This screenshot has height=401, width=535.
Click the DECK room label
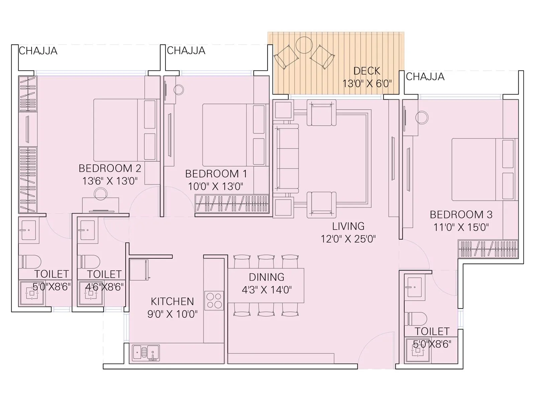pos(367,71)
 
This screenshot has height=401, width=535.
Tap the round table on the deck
pos(304,45)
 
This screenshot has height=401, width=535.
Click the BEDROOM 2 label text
pos(110,168)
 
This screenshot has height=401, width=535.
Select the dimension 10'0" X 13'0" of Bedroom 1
pos(215,186)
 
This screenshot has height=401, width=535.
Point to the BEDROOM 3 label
pos(461,214)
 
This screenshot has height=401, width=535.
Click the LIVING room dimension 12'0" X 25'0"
pos(348,239)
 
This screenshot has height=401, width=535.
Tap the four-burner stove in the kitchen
pos(214,300)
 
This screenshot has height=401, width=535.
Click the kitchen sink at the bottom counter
pos(146,353)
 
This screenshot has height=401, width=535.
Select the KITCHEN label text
pos(172,301)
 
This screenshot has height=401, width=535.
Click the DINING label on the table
pos(266,277)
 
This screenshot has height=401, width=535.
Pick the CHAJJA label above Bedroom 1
pos(186,50)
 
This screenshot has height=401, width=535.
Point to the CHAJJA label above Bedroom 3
pos(425,77)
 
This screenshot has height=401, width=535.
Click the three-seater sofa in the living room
pos(285,158)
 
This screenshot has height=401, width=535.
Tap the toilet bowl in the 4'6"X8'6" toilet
pos(90,262)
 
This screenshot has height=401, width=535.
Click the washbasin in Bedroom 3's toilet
pos(414,287)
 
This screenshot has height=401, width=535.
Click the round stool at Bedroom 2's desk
pos(100,194)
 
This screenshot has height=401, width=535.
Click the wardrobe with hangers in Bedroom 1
pos(232,203)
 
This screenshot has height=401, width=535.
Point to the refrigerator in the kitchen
pos(139,270)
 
